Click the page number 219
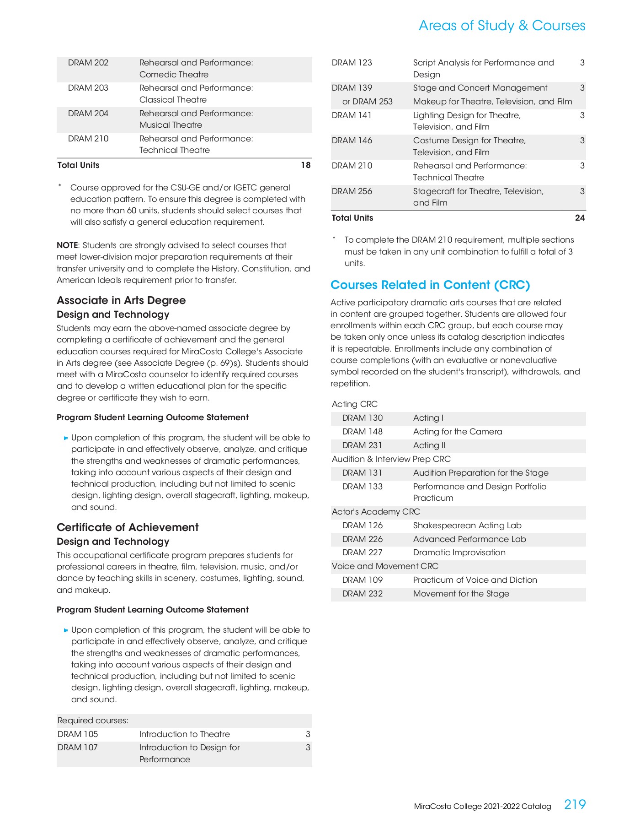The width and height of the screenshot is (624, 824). (x=575, y=804)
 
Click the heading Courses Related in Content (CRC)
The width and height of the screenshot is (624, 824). (x=430, y=285)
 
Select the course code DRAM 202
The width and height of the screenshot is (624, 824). (x=88, y=63)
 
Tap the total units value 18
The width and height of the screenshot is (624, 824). (x=306, y=165)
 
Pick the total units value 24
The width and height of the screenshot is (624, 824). (x=580, y=218)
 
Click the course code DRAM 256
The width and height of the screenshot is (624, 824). (x=352, y=191)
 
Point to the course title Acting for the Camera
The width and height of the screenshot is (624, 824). (x=457, y=432)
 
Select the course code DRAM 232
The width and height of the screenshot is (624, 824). (x=362, y=594)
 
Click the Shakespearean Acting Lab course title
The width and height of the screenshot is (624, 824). (x=467, y=526)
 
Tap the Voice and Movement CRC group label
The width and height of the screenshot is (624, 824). (x=385, y=566)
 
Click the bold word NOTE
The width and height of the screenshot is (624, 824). (x=67, y=245)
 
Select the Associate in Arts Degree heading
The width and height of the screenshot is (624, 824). (x=121, y=300)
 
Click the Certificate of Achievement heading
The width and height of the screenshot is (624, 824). (x=128, y=527)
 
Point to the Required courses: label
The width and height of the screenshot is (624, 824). (x=93, y=721)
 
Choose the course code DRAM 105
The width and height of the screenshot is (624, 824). (x=78, y=734)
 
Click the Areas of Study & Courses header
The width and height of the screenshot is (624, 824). (x=501, y=26)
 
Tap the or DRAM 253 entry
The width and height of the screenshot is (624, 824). (x=367, y=102)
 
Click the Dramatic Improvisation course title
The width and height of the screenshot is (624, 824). (x=459, y=553)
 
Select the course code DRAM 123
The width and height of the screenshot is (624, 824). (x=352, y=63)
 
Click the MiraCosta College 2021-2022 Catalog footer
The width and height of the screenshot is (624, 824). (x=482, y=807)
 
